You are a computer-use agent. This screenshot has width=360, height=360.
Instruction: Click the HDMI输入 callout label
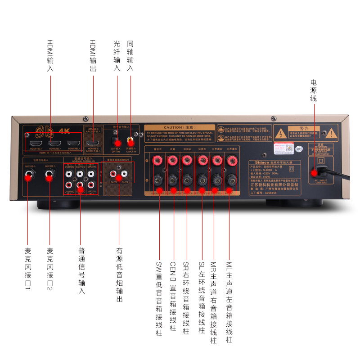pyautogui.click(x=50, y=56)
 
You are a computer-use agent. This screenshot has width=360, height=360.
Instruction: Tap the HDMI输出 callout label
pyautogui.click(x=93, y=56)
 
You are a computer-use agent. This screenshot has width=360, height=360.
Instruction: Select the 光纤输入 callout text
pyautogui.click(x=117, y=56)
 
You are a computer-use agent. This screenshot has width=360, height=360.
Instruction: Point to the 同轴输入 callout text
pyautogui.click(x=130, y=56)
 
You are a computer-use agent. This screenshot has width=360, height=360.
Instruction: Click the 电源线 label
pyautogui.click(x=313, y=90)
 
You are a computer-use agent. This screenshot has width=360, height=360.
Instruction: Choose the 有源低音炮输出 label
pyautogui.click(x=119, y=274)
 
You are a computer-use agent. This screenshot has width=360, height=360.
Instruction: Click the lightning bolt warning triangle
pyautogui.click(x=281, y=134)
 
